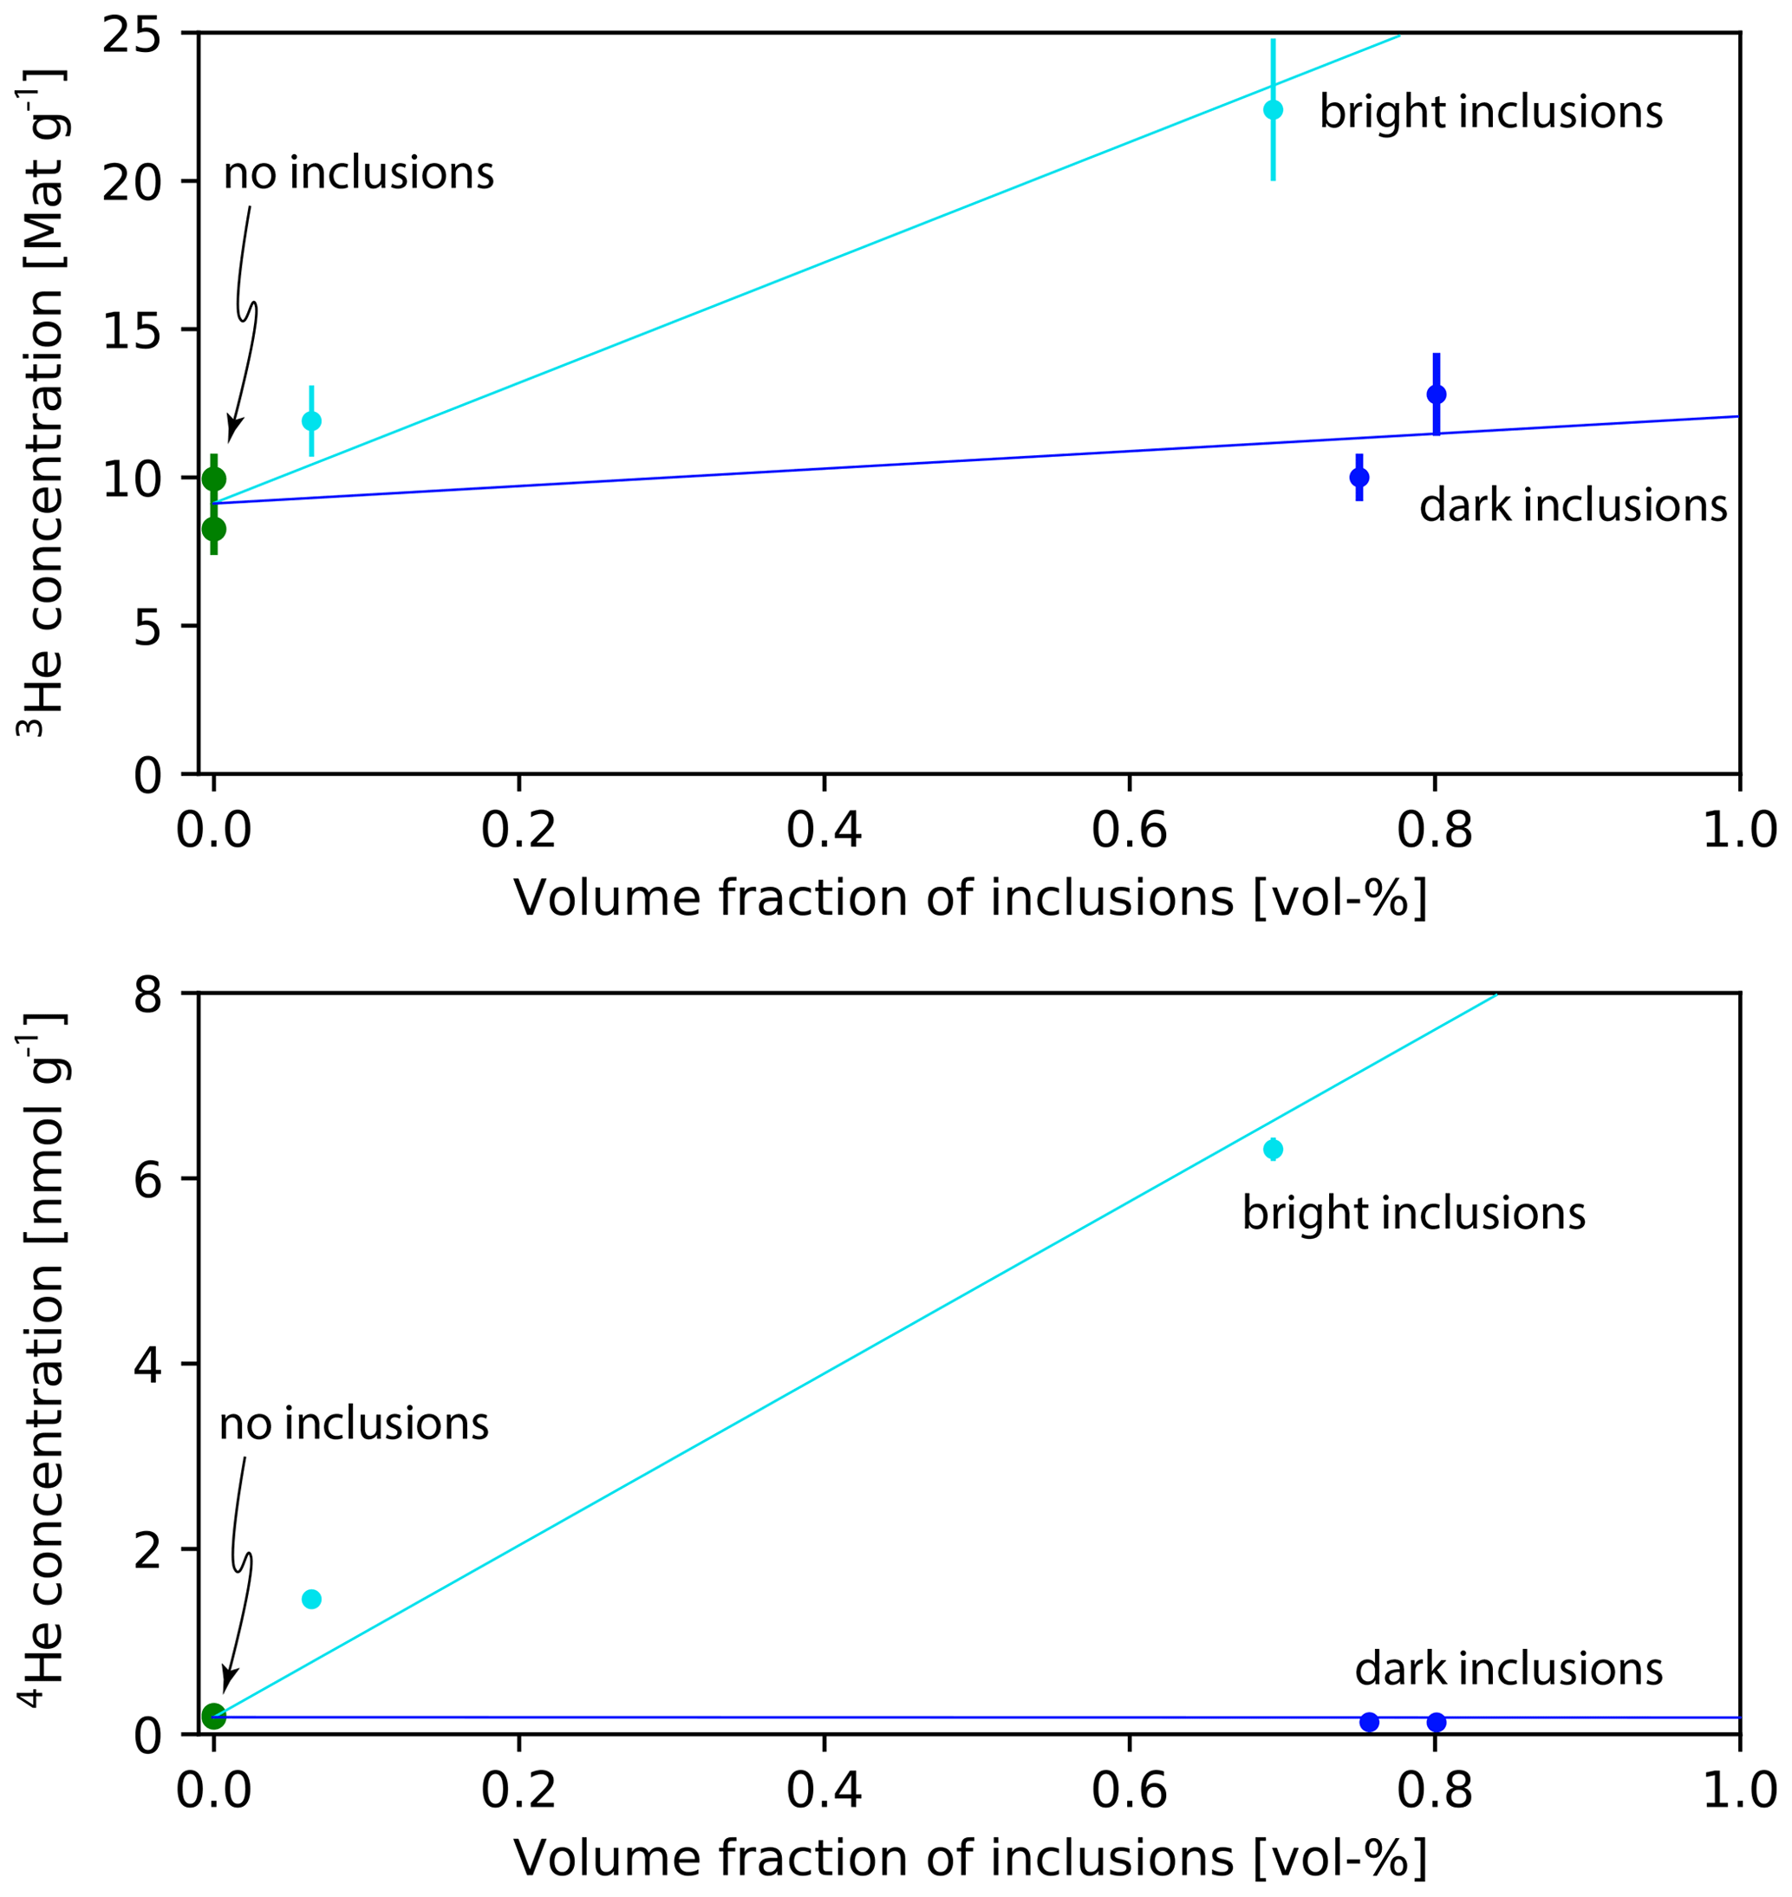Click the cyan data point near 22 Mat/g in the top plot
1274,110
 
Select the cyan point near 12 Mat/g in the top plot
311,421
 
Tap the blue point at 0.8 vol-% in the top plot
1436,394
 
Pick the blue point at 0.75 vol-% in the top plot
1359,478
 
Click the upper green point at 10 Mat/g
214,479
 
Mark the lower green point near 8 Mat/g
214,529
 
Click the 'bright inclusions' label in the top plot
1491,112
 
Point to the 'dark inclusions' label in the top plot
1574,505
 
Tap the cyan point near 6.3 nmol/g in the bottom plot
1274,1149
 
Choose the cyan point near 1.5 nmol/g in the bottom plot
311,1599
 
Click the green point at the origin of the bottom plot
214,1716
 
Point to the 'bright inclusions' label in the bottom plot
1414,1213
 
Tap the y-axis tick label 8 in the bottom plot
148,995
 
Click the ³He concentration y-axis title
43,401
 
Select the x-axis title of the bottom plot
969,1858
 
